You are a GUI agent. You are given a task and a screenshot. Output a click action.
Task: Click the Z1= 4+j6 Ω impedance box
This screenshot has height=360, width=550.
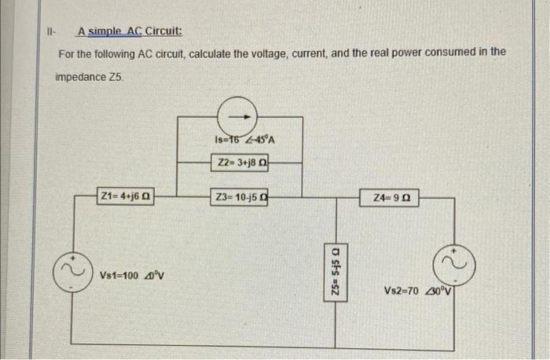point(125,196)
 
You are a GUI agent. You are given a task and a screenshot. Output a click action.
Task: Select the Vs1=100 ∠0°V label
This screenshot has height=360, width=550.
point(132,276)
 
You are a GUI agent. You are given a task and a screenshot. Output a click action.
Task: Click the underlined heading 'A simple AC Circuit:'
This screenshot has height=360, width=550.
point(129,32)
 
